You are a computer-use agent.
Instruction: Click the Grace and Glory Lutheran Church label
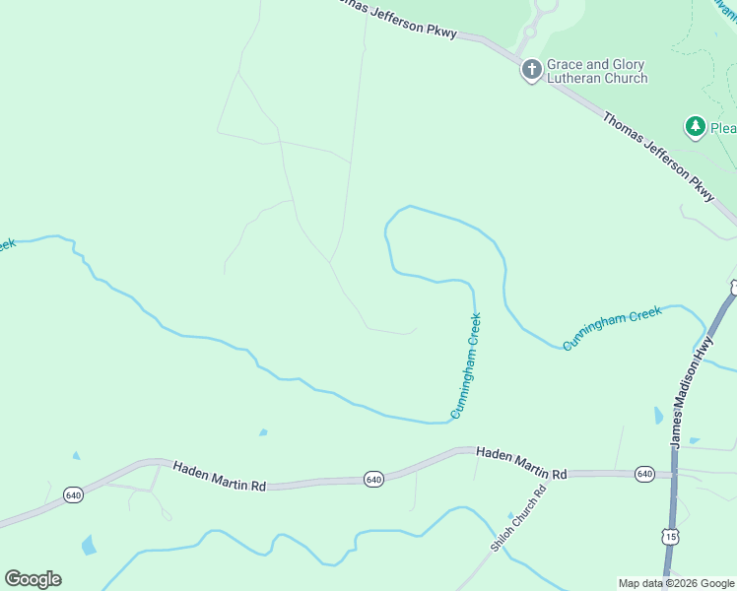click(x=597, y=71)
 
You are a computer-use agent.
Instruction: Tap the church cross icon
click(x=532, y=69)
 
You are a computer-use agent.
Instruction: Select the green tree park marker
click(x=696, y=127)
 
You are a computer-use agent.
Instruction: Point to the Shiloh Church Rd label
click(x=517, y=519)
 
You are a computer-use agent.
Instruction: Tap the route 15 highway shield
click(x=670, y=536)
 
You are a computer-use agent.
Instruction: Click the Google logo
click(x=33, y=579)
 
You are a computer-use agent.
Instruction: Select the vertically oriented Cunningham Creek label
click(x=467, y=365)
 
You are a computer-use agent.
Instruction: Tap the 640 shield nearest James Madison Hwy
click(x=644, y=474)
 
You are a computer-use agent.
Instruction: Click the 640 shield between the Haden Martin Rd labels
click(x=372, y=479)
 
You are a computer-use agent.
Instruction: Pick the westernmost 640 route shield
click(x=73, y=493)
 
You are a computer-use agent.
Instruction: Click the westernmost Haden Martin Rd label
click(x=220, y=477)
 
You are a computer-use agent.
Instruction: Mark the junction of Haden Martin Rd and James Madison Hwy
click(x=673, y=475)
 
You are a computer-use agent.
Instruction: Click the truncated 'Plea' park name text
click(x=723, y=128)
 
